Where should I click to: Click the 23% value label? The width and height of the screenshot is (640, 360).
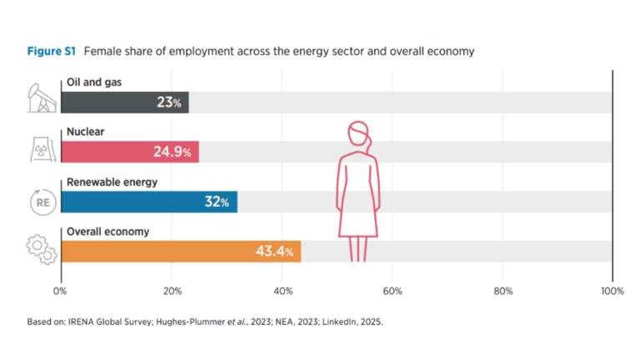170,102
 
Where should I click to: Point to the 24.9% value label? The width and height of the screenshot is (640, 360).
172,152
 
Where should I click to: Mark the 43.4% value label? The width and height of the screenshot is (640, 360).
272,251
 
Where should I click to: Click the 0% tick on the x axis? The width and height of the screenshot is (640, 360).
60,291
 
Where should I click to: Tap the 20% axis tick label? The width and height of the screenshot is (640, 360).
171,291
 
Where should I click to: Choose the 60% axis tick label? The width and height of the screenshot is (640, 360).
392,291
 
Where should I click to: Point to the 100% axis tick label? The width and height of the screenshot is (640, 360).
612,291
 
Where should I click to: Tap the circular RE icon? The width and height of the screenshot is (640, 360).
41,202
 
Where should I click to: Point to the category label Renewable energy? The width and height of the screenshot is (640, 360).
99,182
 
